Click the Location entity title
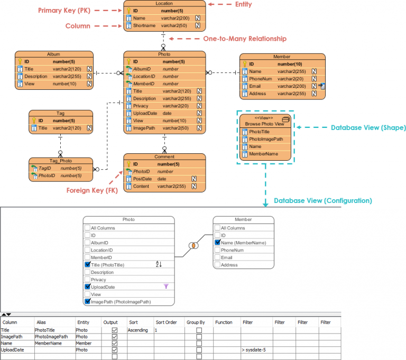[x=164, y=4]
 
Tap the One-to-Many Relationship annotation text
[x=244, y=39]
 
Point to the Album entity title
[x=53, y=54]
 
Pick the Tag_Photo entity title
[x=60, y=161]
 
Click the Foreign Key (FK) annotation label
[x=91, y=190]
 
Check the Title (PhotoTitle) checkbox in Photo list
[x=88, y=265]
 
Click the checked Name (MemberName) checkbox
[x=217, y=243]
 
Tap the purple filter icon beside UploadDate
[x=166, y=286]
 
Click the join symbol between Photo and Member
[x=193, y=245]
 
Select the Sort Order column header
[x=165, y=322]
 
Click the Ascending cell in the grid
[x=138, y=330]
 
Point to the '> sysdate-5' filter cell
[x=253, y=350]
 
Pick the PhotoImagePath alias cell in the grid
[x=51, y=337]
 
